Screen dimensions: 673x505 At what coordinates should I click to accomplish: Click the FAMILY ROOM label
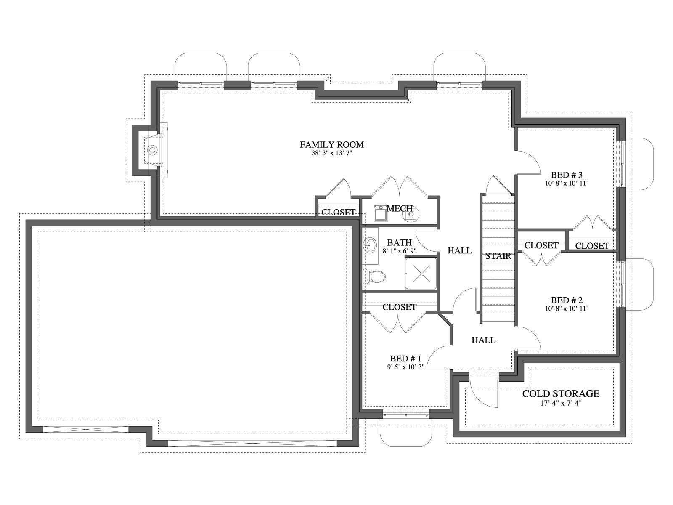pyautogui.click(x=332, y=144)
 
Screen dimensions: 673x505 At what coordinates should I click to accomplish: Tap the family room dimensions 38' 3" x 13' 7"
pyautogui.click(x=332, y=153)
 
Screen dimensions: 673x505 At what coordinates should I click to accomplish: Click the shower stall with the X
pyautogui.click(x=421, y=273)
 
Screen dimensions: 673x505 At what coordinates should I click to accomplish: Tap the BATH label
pyautogui.click(x=399, y=242)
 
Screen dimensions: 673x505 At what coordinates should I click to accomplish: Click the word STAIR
pyautogui.click(x=498, y=256)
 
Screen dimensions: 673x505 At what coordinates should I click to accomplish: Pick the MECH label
pyautogui.click(x=400, y=208)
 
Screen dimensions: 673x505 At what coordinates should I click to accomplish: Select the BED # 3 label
pyautogui.click(x=567, y=175)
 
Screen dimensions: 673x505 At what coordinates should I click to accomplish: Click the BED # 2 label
pyautogui.click(x=567, y=300)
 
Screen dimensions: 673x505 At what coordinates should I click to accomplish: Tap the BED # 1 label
pyautogui.click(x=405, y=359)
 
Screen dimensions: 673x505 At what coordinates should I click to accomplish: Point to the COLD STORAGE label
pyautogui.click(x=561, y=394)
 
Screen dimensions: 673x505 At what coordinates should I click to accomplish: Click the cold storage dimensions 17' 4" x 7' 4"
pyautogui.click(x=561, y=403)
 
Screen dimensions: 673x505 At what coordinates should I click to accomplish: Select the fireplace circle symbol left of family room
pyautogui.click(x=152, y=150)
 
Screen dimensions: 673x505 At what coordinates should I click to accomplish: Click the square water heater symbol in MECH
pyautogui.click(x=380, y=214)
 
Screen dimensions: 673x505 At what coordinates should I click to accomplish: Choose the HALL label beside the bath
pyautogui.click(x=460, y=250)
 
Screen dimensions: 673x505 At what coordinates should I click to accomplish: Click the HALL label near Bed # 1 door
pyautogui.click(x=484, y=340)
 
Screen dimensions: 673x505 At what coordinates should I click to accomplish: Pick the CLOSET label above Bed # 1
pyautogui.click(x=399, y=307)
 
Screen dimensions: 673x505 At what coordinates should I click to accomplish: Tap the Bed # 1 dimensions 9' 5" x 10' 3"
pyautogui.click(x=405, y=367)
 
